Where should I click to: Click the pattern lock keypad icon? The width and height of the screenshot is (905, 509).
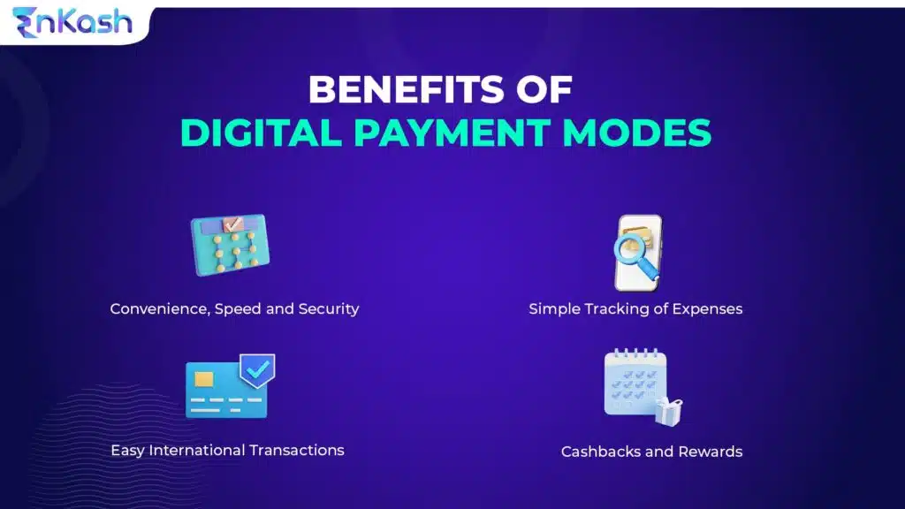coord(230,246)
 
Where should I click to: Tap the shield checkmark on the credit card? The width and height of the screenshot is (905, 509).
coord(257,371)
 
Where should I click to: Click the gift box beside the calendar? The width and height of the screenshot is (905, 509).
coord(668,411)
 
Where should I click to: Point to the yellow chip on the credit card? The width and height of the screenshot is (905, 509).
coord(204,379)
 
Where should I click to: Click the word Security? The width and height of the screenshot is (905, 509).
coord(328,309)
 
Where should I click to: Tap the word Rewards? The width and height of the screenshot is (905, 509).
coord(710,452)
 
